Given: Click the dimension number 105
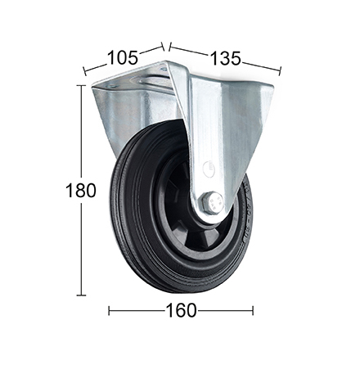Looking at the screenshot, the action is pyautogui.click(x=122, y=58).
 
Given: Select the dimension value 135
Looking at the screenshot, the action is pyautogui.click(x=226, y=58).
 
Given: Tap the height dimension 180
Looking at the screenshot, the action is pyautogui.click(x=81, y=190).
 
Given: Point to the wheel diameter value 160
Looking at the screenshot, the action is pyautogui.click(x=181, y=310).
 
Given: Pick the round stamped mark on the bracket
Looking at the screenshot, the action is pyautogui.click(x=209, y=167).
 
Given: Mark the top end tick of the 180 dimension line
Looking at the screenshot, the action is pyautogui.click(x=81, y=85).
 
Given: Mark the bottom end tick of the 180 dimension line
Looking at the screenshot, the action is pyautogui.click(x=81, y=295).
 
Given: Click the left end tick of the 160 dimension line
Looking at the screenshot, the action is pyautogui.click(x=109, y=311).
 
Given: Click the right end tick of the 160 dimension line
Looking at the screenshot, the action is pyautogui.click(x=253, y=311).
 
